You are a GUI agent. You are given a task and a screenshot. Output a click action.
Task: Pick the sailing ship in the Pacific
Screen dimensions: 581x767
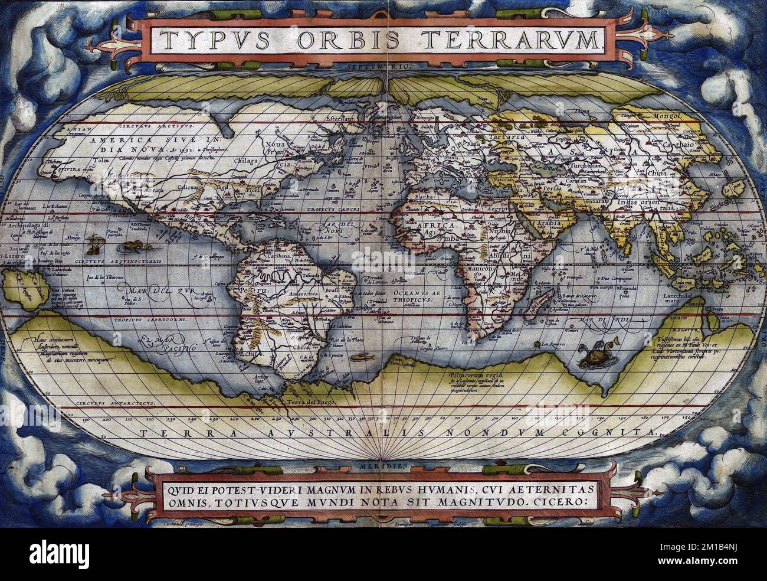click(x=93, y=243)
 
